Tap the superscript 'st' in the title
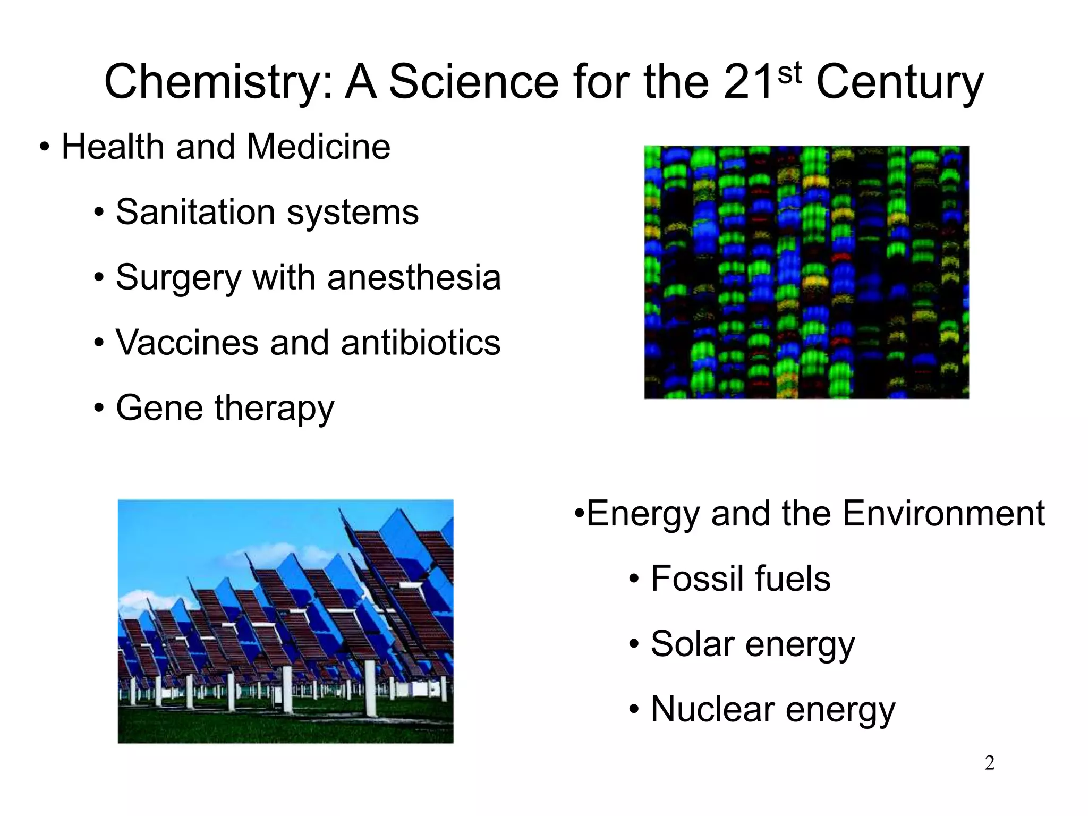pos(789,73)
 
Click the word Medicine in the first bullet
pos(319,147)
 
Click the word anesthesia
pos(414,277)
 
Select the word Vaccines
pos(186,343)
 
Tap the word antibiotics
pos(420,343)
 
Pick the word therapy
pos(274,409)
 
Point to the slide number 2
pos(989,763)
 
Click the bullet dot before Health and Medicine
pos(45,148)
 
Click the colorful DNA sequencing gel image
pos(806,272)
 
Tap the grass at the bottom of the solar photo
pos(287,728)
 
